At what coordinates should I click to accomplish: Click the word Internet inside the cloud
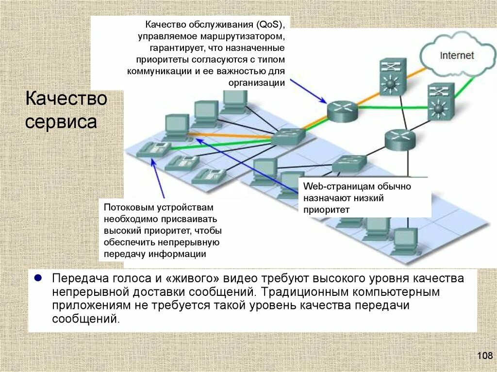[x=456, y=55]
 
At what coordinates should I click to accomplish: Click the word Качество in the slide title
[x=66, y=99]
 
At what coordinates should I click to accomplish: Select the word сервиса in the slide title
[x=61, y=121]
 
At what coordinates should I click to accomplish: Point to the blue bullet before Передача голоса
[x=37, y=279]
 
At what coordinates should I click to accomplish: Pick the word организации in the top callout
[x=256, y=82]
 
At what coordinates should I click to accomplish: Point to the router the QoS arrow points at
[x=342, y=112]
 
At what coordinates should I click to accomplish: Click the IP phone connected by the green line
[x=153, y=149]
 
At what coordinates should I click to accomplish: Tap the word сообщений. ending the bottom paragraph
[x=85, y=319]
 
